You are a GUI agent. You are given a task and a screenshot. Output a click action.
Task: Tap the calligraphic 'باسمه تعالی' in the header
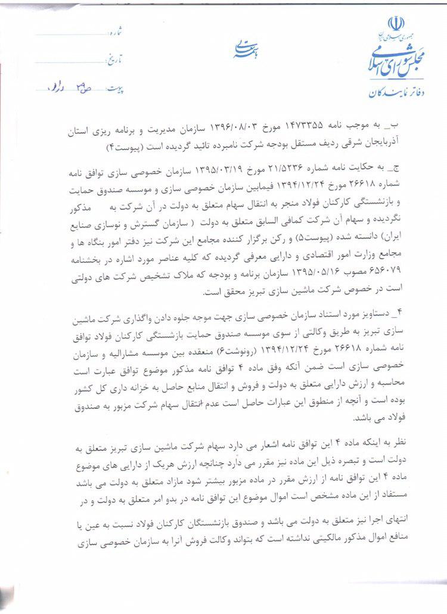245,51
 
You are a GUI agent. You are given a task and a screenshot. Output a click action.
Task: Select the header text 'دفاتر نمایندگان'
386,93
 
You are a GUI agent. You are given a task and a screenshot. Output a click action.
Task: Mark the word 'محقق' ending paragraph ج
222,293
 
